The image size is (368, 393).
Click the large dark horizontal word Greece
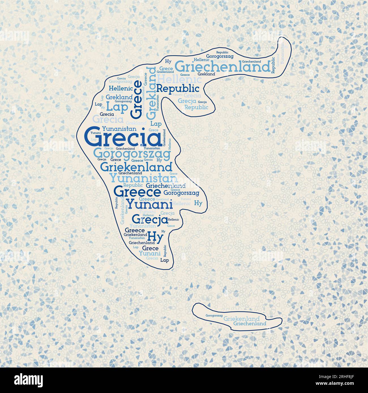[137, 192]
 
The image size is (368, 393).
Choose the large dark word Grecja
[150, 219]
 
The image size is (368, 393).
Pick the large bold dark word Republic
[178, 88]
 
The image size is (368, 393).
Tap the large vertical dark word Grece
[137, 99]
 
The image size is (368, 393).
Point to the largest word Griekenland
[136, 167]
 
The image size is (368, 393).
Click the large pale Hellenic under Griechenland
[179, 78]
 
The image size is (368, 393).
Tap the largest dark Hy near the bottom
[155, 236]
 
